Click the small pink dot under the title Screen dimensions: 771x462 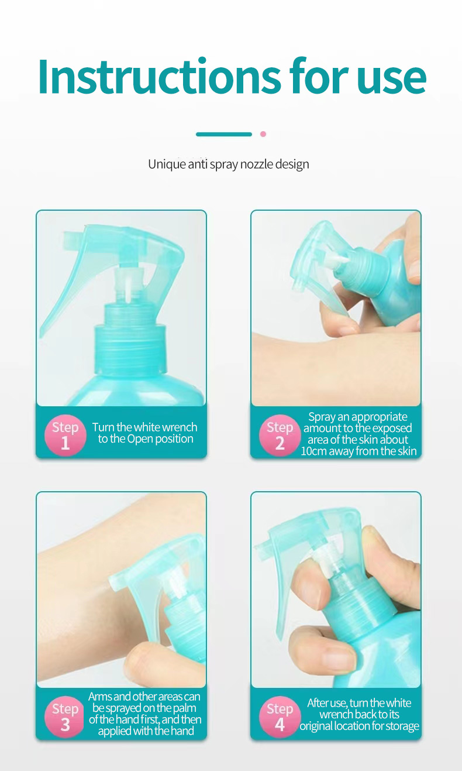pyautogui.click(x=263, y=134)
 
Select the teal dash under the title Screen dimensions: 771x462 pyautogui.click(x=223, y=134)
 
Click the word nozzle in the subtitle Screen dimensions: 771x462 pyautogui.click(x=256, y=164)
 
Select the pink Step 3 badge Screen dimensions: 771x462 pyautogui.click(x=65, y=716)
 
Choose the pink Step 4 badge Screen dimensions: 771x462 pyautogui.click(x=280, y=716)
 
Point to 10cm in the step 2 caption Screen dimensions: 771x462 pyautogui.click(x=314, y=451)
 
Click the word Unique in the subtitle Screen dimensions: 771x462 pyautogui.click(x=166, y=164)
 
